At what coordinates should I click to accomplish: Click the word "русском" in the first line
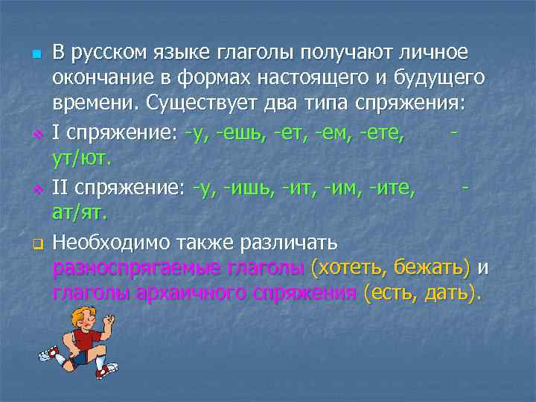coord(111,54)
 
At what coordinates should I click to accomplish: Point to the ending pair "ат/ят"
coord(80,212)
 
